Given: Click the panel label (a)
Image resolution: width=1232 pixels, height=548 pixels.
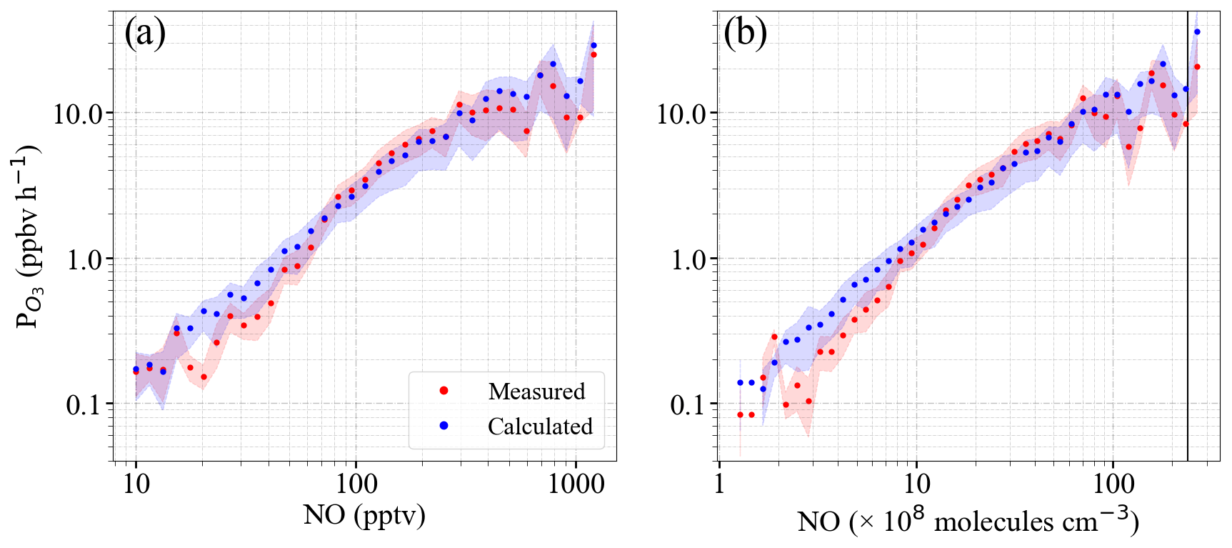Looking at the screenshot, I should click(x=145, y=34).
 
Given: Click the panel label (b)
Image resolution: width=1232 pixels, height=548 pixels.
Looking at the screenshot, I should click(x=745, y=34).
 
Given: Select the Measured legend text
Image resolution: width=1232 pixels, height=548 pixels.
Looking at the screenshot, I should click(x=536, y=392).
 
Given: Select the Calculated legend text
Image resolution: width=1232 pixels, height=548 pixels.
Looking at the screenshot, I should click(x=540, y=427).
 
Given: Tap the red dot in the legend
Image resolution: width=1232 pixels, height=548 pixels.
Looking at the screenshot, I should click(x=444, y=391).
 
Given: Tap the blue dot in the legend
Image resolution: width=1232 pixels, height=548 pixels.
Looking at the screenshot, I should click(x=444, y=426).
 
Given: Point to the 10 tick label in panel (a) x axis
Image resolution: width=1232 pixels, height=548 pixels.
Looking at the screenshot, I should click(x=136, y=484).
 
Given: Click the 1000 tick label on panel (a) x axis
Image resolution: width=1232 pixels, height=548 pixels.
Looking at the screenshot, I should click(x=576, y=484).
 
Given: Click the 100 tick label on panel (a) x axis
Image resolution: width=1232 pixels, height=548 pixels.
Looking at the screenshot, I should click(x=356, y=484).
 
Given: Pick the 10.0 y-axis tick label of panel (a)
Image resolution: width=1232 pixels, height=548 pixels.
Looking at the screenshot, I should click(x=79, y=114).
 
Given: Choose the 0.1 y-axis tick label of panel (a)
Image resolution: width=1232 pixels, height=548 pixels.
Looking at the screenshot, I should click(x=84, y=405).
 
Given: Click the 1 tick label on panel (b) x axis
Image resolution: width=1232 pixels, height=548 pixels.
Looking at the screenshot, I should click(x=719, y=484).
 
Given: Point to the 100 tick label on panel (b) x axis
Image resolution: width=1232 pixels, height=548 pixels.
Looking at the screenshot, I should click(x=1113, y=484).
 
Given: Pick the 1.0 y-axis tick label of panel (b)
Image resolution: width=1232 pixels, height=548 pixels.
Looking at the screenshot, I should click(x=688, y=260).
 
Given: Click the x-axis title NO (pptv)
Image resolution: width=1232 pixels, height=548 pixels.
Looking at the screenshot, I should click(x=364, y=514).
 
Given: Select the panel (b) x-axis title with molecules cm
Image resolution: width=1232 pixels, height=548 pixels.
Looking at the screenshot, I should click(x=968, y=521).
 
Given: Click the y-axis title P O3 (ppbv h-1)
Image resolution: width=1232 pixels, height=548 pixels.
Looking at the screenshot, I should click(x=29, y=236).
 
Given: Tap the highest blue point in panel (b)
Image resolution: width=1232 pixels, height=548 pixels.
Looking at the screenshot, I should click(x=1198, y=31).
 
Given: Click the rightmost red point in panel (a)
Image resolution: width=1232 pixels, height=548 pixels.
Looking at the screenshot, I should click(x=594, y=54).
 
